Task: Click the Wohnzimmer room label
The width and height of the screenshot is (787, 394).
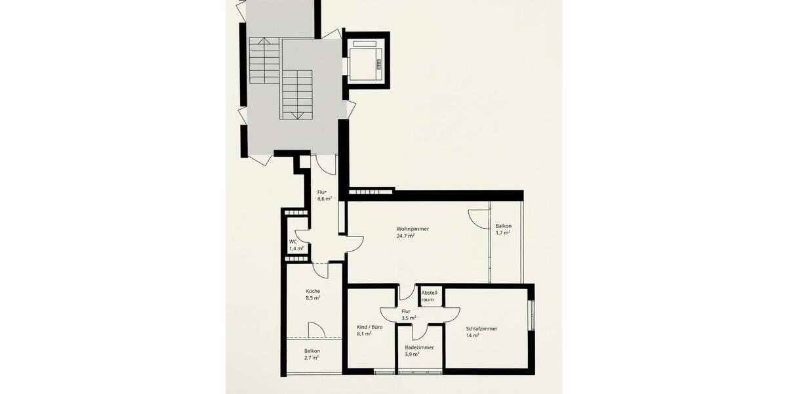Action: point(413,229)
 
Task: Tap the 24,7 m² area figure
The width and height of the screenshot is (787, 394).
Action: point(406,236)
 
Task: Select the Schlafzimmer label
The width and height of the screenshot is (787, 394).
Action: point(481,328)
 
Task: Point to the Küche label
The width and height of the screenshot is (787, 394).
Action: point(313,291)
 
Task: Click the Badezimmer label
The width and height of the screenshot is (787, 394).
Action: point(419,347)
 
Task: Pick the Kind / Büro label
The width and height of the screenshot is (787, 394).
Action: point(370,326)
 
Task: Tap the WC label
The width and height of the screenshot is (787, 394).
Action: point(293,242)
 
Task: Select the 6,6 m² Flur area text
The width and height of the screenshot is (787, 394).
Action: point(325,199)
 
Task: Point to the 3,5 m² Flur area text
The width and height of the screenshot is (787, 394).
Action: point(409,318)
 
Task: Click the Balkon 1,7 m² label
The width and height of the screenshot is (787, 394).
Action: point(504,225)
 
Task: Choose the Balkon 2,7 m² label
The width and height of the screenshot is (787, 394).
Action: point(312,351)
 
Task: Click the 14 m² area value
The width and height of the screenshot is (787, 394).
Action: point(472,336)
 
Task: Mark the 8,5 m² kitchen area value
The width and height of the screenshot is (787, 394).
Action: point(313,298)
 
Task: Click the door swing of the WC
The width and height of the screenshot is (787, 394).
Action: point(302,237)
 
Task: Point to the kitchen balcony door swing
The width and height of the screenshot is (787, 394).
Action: point(316,329)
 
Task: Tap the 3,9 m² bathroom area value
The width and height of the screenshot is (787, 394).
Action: point(413,355)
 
